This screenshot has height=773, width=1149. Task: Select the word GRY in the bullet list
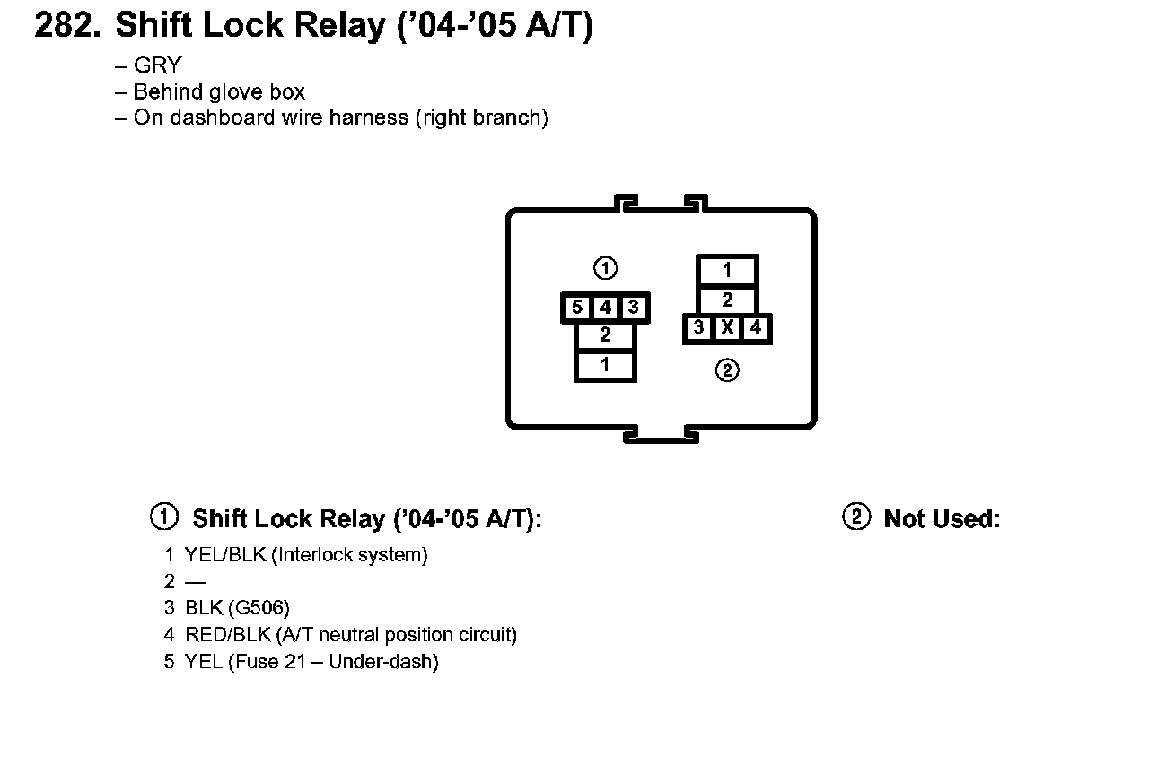tap(157, 65)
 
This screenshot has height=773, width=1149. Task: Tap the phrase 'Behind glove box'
tap(219, 91)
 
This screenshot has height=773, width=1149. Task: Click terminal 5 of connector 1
tap(577, 308)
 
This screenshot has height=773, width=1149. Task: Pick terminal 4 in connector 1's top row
tap(606, 308)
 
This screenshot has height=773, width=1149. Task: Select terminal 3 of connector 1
tap(633, 308)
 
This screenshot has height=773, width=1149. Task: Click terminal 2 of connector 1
tap(605, 335)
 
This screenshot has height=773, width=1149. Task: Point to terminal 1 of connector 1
tap(605, 365)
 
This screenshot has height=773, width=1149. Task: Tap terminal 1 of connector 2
tap(727, 270)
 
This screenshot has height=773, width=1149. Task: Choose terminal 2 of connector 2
tap(727, 300)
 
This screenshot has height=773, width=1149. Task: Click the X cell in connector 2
tap(727, 328)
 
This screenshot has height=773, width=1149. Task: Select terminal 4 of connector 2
tap(756, 328)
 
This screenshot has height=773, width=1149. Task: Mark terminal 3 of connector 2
tap(698, 328)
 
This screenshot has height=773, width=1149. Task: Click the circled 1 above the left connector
tap(606, 268)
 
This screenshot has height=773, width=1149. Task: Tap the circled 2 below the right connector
tap(727, 369)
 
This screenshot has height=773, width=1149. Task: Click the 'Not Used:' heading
tap(942, 519)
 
